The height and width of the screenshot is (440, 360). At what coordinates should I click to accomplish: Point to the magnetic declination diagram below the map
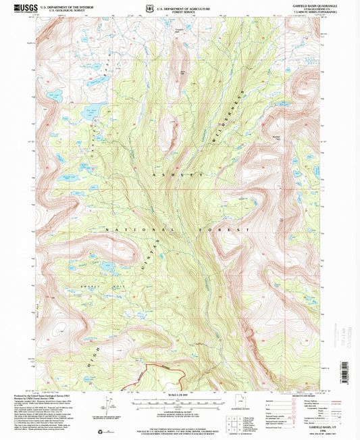(x=109, y=408)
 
